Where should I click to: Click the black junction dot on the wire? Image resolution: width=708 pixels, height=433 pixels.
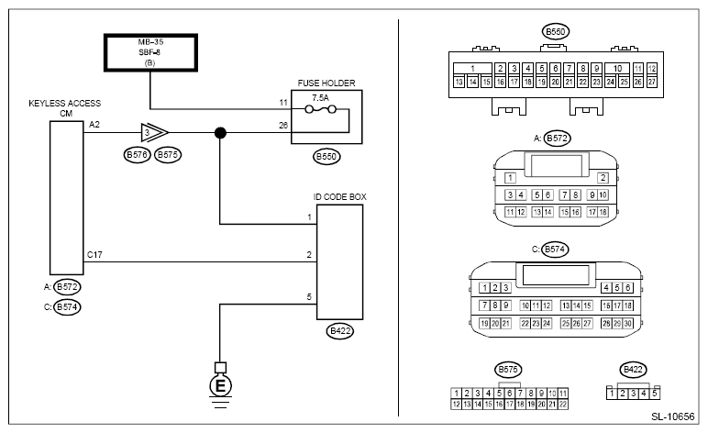[x=221, y=134]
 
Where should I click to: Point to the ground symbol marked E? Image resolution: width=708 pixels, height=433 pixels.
[x=219, y=386]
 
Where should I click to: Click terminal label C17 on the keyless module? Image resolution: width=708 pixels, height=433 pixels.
[x=94, y=253]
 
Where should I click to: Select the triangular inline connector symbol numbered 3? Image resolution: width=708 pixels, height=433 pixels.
[x=149, y=134]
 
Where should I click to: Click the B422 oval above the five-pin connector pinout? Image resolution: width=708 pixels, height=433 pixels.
[x=633, y=370]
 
